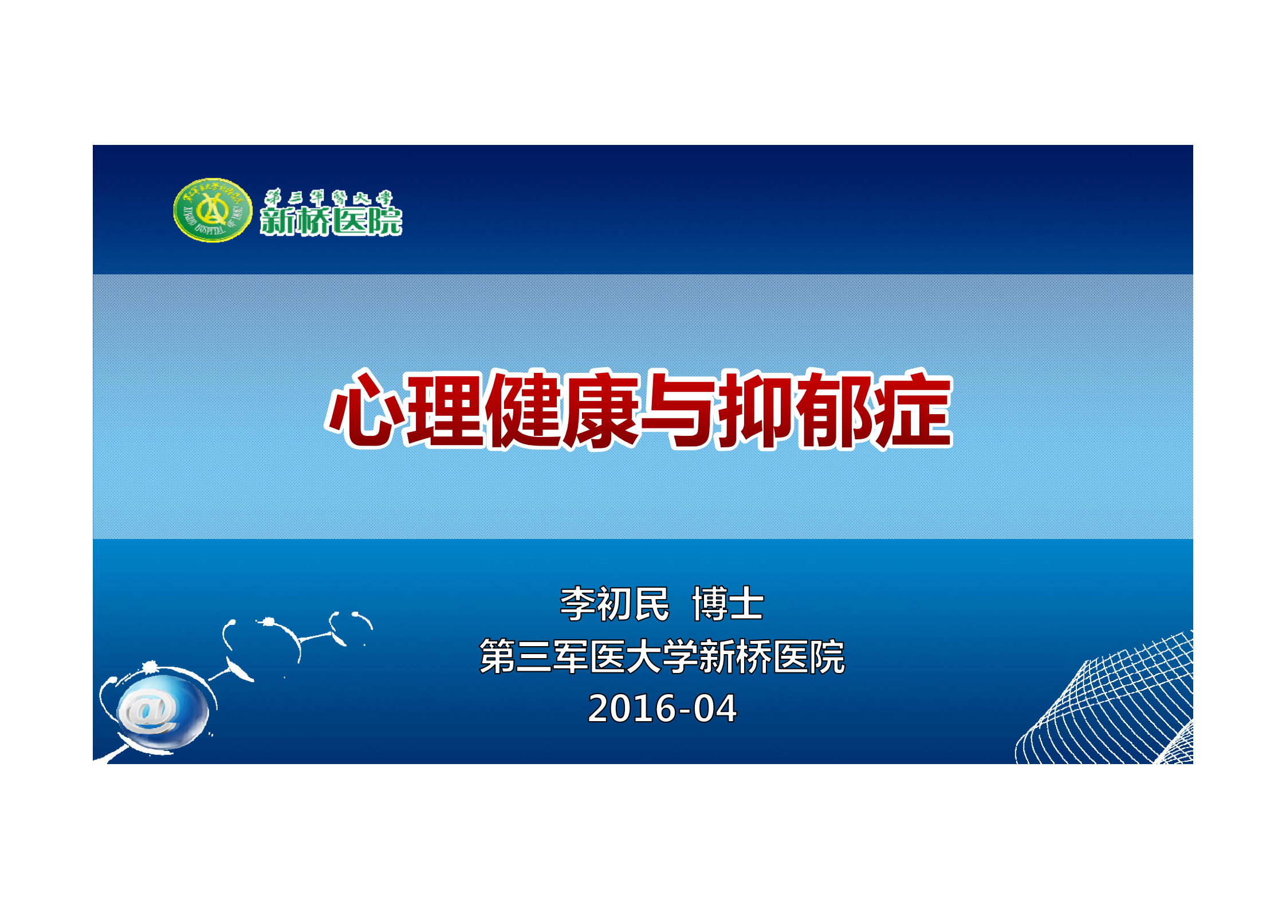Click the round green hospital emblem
pyautogui.click(x=213, y=210)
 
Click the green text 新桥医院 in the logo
pyautogui.click(x=331, y=221)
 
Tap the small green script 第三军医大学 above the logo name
pyautogui.click(x=329, y=198)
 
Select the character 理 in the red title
pyautogui.click(x=445, y=409)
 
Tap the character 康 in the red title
pyautogui.click(x=601, y=409)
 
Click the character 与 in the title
pyautogui.click(x=678, y=409)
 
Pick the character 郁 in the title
pyautogui.click(x=836, y=409)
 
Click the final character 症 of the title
pyautogui.click(x=912, y=409)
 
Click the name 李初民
pyautogui.click(x=614, y=604)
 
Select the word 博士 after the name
pyautogui.click(x=727, y=604)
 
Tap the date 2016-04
pyautogui.click(x=662, y=709)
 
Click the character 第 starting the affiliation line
pyautogui.click(x=497, y=656)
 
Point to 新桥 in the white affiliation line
pyautogui.click(x=734, y=656)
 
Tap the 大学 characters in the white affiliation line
pyautogui.click(x=661, y=656)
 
